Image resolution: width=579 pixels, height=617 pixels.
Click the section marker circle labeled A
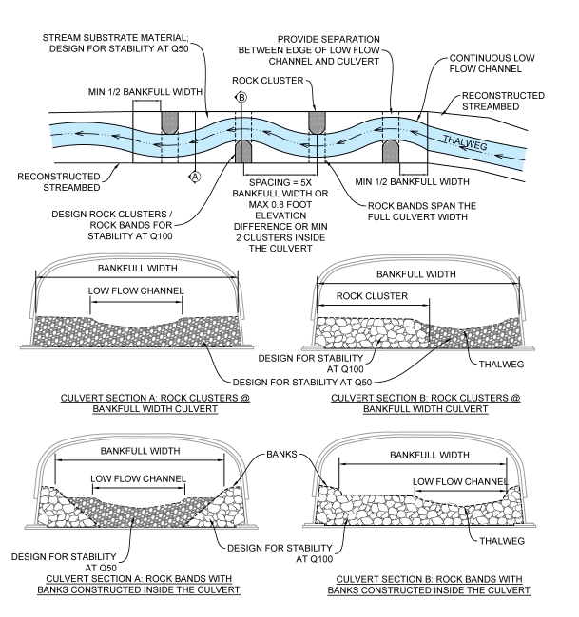point(196,176)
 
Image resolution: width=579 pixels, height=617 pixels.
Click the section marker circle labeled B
point(241,97)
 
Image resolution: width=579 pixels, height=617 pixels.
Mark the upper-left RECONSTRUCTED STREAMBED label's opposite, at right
point(505,103)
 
